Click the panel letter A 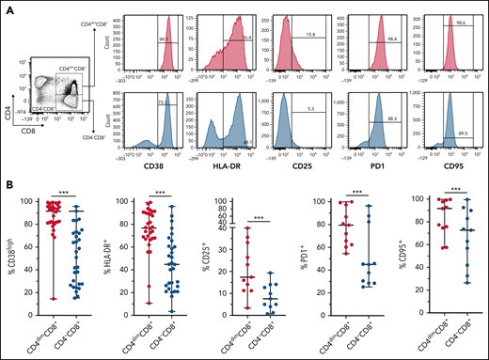tap(8, 8)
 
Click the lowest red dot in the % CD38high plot tap(39, 299)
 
